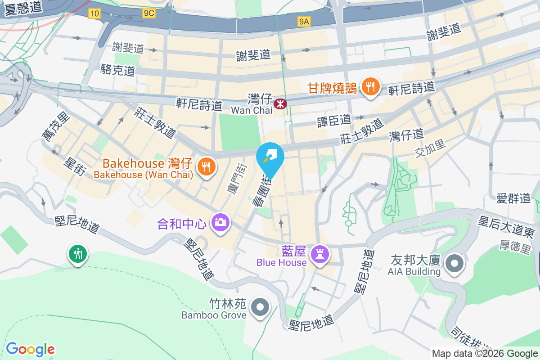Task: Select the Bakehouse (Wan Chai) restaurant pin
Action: point(206,167)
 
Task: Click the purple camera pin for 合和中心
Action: point(220,221)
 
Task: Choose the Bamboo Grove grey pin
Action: point(260,307)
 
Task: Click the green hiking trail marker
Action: point(78,253)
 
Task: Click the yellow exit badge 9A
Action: point(305,21)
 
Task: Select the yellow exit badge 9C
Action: point(149,13)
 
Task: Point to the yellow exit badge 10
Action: point(94,13)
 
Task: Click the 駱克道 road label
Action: point(118,70)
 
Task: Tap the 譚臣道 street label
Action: point(334,120)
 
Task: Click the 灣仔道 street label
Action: point(407,135)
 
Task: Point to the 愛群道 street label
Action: point(513,198)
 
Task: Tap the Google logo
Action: point(30,349)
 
